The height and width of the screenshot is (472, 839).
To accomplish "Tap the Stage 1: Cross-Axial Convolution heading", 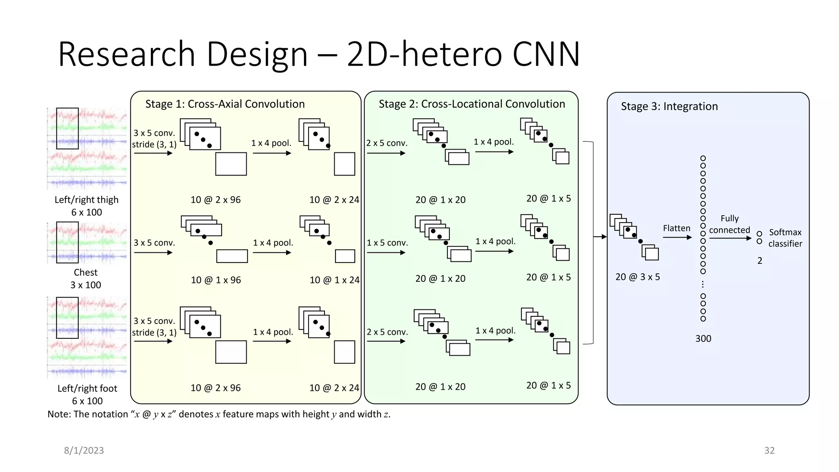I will [x=225, y=104].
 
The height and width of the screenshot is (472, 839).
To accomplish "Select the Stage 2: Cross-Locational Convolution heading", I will [x=472, y=104].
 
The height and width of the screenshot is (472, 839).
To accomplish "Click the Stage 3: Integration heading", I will [x=669, y=107].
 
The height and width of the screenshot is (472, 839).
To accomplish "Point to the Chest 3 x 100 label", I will [x=86, y=279].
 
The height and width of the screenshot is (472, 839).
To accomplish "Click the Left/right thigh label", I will [x=86, y=200].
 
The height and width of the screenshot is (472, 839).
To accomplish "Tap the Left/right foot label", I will [x=87, y=388].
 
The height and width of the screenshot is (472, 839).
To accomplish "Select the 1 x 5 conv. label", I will [x=387, y=243].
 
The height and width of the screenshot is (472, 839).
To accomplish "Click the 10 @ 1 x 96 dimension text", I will [x=216, y=280].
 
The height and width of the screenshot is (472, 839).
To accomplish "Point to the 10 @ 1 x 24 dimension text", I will [x=334, y=280].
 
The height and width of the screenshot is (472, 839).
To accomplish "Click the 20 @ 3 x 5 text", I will [x=637, y=277].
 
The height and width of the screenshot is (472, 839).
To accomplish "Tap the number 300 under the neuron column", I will [x=703, y=339].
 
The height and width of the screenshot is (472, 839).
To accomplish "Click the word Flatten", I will [x=676, y=229].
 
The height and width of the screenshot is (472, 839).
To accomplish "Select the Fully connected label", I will [x=729, y=224].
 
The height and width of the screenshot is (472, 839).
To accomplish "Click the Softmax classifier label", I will [x=785, y=238].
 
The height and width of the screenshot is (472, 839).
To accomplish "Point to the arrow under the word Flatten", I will [x=677, y=237].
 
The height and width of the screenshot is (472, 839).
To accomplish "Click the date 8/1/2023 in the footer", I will [x=84, y=451].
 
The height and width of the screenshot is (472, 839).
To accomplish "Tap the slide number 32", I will [x=769, y=451].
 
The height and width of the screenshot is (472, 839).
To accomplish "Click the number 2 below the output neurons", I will [x=760, y=261].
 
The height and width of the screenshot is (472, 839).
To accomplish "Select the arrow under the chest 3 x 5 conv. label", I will [x=153, y=252].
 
